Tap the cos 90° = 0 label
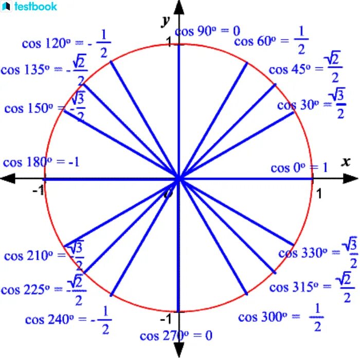click(208, 31)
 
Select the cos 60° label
click(271, 41)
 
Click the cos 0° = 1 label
click(299, 168)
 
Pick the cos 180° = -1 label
click(41, 163)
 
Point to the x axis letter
click(346, 163)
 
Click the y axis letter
click(166, 21)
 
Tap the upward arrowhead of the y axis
click(179, 7)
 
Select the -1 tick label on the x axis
click(38, 191)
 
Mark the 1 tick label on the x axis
click(319, 193)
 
